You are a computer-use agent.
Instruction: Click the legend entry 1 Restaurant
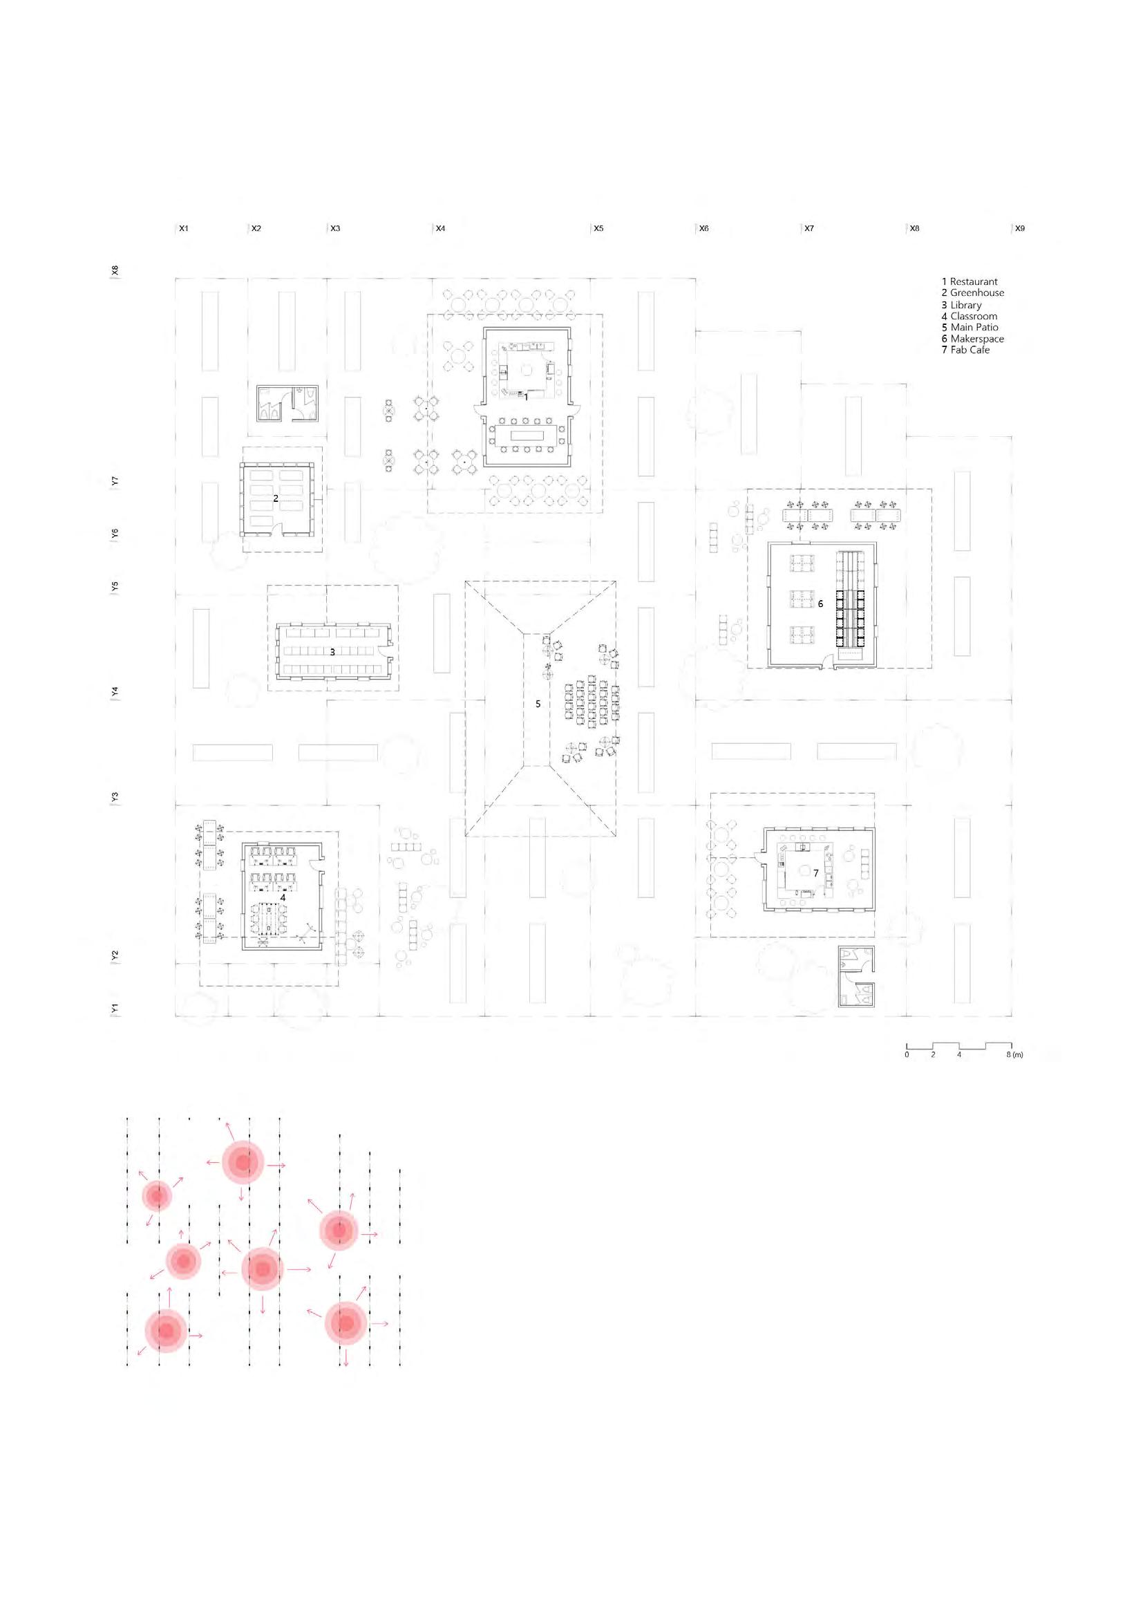coord(969,281)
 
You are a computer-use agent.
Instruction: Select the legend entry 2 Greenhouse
coord(972,292)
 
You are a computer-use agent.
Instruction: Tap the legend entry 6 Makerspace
coord(972,339)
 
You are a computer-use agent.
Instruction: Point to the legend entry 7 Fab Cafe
coord(965,350)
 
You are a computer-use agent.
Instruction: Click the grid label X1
coord(184,228)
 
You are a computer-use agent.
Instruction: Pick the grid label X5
coord(598,228)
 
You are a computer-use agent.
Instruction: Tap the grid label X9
coord(1019,228)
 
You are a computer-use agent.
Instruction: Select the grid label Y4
coord(115,692)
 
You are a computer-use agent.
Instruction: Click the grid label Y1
coord(115,1009)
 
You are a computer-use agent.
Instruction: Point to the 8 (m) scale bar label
coord(1014,1054)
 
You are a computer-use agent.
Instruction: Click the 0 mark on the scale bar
coord(907,1054)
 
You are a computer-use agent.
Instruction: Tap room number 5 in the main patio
coord(538,704)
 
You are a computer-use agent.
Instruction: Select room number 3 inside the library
coord(333,653)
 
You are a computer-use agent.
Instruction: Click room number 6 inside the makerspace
coord(820,604)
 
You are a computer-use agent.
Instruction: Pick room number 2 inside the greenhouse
coord(276,498)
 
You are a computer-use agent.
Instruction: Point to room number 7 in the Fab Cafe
coord(816,873)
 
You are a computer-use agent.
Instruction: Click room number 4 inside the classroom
coord(283,897)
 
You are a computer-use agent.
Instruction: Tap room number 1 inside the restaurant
coord(526,397)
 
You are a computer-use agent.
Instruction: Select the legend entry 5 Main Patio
coord(969,327)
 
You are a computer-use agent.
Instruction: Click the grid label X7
coord(808,228)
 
